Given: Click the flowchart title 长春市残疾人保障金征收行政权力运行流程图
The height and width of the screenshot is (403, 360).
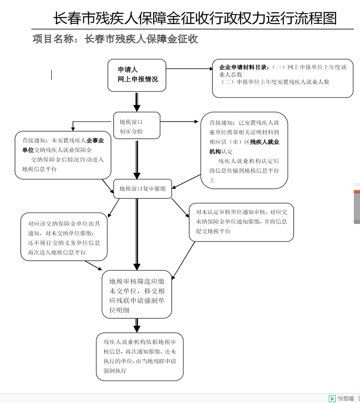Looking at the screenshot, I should tap(195, 18).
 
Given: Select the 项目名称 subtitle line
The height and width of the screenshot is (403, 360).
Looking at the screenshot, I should tap(115, 39).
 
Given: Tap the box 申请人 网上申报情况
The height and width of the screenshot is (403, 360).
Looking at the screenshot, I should tap(137, 75).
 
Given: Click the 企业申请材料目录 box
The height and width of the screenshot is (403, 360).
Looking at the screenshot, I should tap(282, 78).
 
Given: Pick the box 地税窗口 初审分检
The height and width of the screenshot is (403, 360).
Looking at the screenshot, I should tap(137, 126).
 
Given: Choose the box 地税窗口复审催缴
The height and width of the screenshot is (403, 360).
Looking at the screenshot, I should tap(142, 189).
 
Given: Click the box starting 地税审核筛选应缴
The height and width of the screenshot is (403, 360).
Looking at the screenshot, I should tap(137, 294).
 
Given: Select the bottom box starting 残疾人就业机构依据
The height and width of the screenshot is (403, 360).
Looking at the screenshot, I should tap(140, 356).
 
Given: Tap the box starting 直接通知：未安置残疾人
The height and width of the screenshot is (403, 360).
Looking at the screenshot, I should tap(63, 155).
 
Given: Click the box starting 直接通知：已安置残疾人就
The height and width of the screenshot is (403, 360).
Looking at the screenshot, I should tap(244, 151).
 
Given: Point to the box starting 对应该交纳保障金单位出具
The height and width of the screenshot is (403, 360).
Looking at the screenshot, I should tap(64, 237).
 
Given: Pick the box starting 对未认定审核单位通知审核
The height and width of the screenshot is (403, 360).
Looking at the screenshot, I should tap(241, 222).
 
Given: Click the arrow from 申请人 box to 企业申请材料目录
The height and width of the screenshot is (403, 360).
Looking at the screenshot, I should tap(189, 69).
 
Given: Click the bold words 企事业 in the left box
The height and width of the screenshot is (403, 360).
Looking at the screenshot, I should tap(95, 141).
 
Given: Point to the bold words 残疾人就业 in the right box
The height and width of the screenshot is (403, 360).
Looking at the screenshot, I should tap(265, 142).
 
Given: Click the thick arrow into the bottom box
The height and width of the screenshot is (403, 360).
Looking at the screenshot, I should tap(137, 325).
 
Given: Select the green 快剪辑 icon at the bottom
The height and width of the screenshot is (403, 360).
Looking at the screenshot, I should tap(332, 398).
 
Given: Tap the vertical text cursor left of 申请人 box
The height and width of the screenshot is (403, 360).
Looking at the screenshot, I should tap(52, 75).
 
